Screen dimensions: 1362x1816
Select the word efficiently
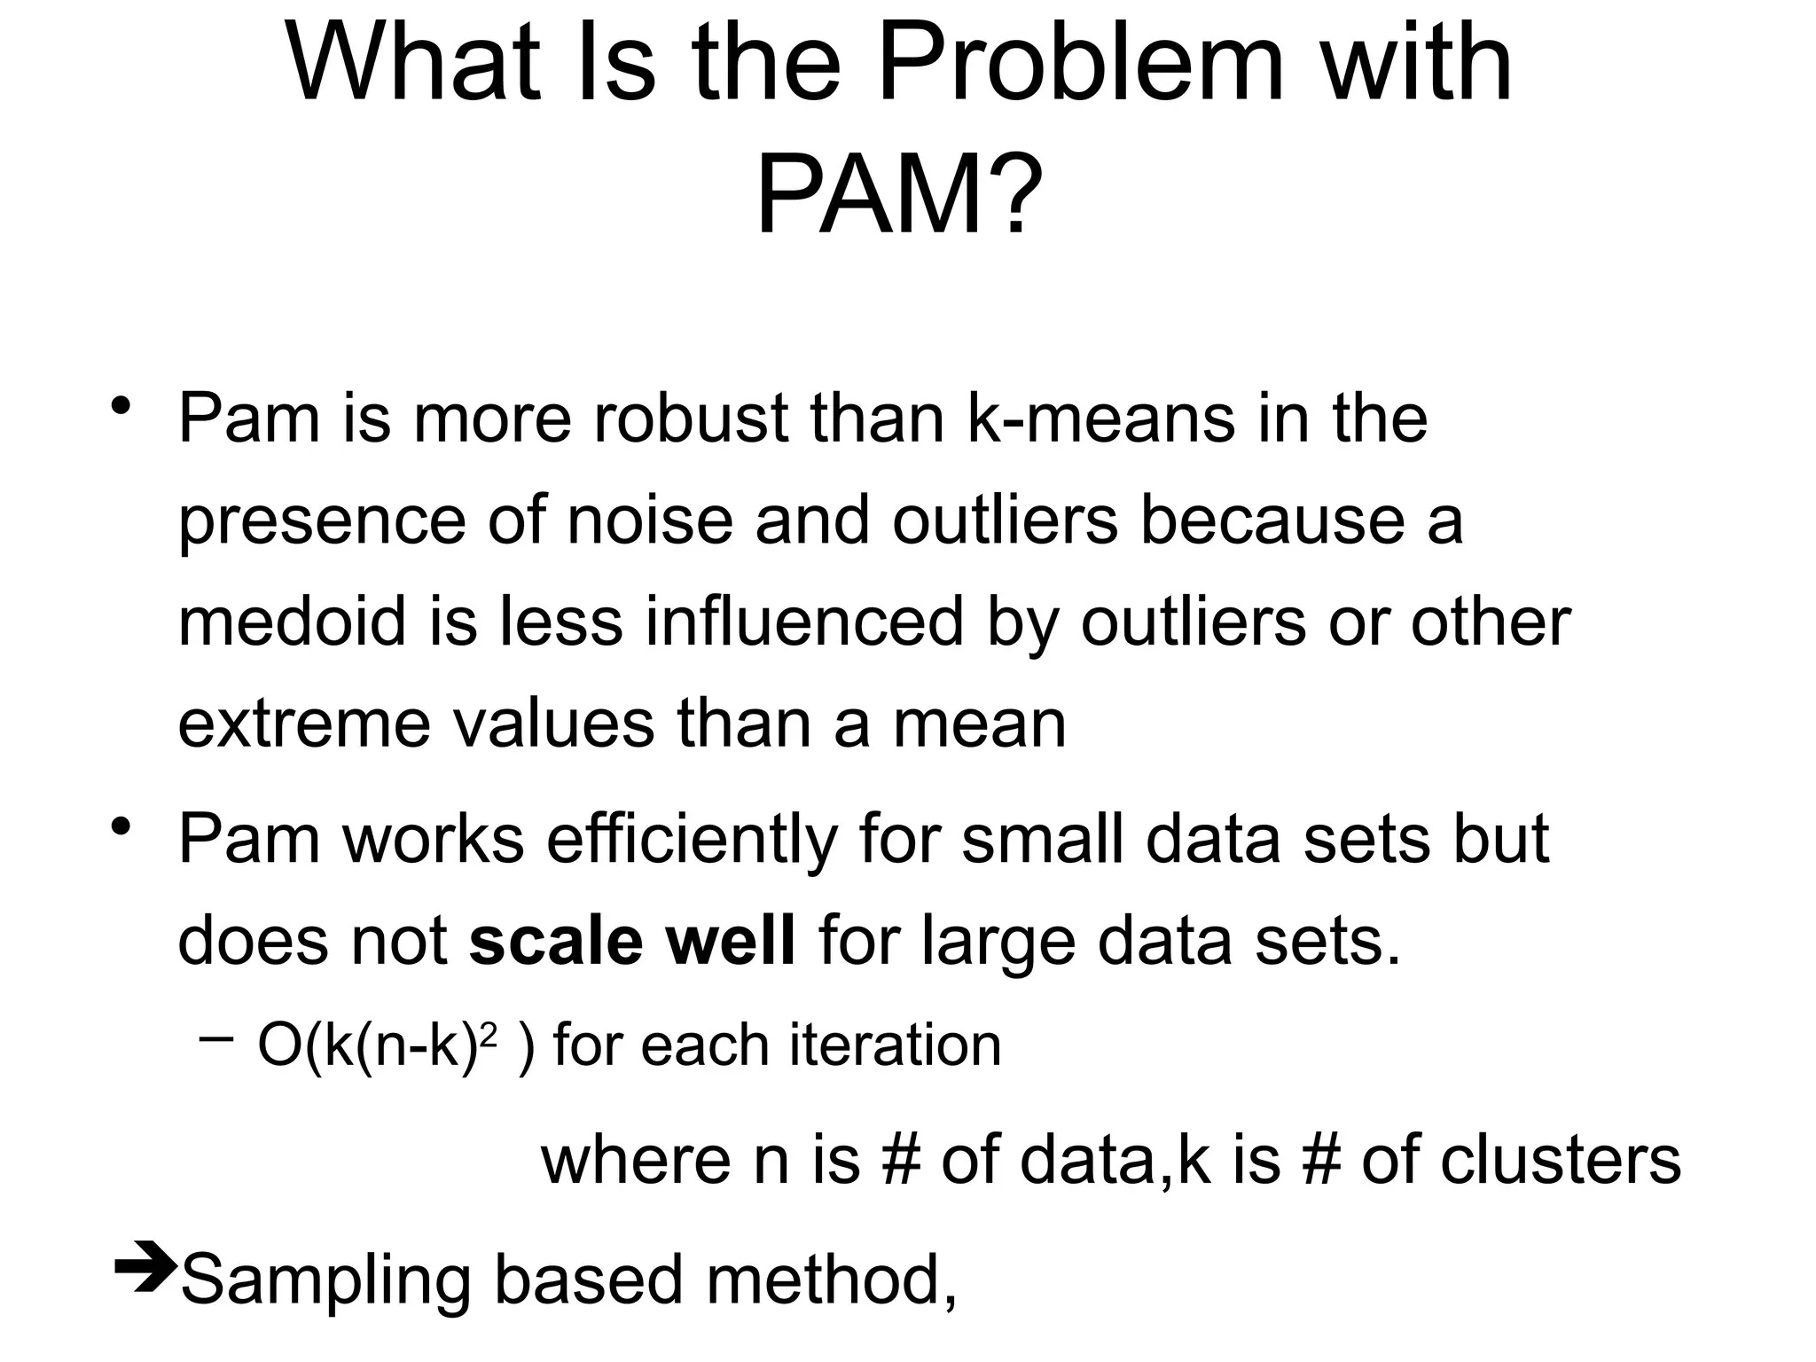[x=691, y=840]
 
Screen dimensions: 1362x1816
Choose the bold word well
[x=731, y=941]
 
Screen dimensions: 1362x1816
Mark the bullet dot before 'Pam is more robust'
[x=121, y=408]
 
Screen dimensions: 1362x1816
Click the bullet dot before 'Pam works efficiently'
[x=121, y=828]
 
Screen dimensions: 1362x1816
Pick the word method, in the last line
[x=832, y=1280]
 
